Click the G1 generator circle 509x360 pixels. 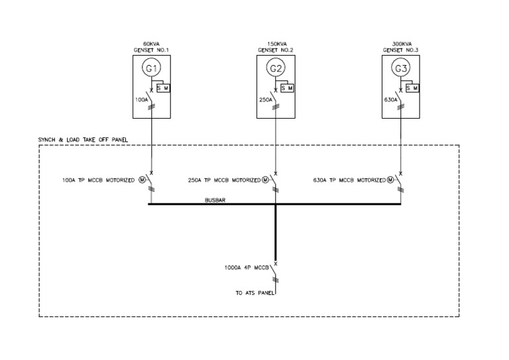coord(152,68)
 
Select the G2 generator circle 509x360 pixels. coord(276,68)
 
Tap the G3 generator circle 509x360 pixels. coord(400,68)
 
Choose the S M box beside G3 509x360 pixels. coord(411,88)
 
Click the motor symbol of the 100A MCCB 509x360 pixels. coord(141,180)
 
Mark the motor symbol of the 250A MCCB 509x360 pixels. coord(265,180)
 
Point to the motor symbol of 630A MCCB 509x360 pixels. coord(390,180)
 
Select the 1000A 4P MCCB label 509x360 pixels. coord(247,269)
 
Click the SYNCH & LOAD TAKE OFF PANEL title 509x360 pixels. coord(84,140)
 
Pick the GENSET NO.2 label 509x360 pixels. coord(276,49)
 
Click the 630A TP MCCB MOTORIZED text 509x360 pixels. coord(349,180)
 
